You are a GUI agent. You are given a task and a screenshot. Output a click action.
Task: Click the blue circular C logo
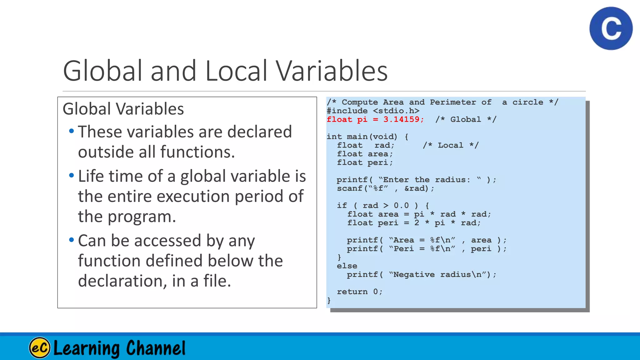[611, 28]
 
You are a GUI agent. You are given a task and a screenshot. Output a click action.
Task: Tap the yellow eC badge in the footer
[40, 348]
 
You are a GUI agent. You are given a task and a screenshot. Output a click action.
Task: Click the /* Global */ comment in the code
[466, 119]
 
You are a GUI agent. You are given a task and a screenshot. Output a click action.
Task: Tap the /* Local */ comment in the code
[450, 145]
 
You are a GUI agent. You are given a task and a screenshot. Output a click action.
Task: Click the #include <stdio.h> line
[373, 111]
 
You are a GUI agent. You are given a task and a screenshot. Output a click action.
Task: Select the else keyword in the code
[347, 266]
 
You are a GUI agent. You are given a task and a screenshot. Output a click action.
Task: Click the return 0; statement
[359, 292]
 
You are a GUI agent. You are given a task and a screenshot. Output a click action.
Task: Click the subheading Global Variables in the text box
[123, 109]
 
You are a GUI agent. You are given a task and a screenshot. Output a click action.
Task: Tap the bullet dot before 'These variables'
[72, 131]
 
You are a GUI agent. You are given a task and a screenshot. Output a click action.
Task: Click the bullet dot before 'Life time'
[72, 175]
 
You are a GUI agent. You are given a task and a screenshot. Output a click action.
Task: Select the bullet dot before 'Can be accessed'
[72, 240]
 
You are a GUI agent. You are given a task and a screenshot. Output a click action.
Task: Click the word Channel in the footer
[156, 348]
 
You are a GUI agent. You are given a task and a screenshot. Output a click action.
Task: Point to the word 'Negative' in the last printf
[414, 274]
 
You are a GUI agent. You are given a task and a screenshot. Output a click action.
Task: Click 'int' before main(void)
[334, 137]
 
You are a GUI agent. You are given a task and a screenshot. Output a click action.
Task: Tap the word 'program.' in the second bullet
[142, 217]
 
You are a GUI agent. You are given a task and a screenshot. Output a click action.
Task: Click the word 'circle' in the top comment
[527, 102]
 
